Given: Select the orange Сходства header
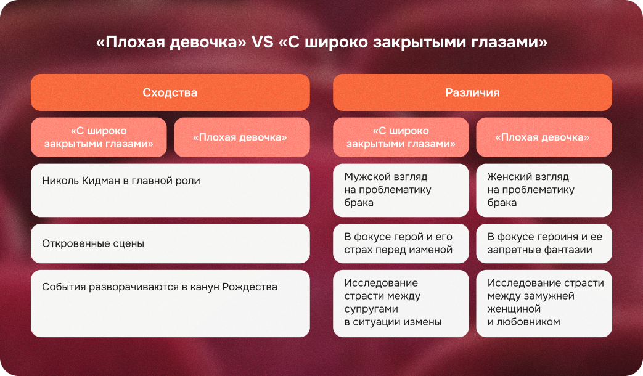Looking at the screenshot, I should (x=170, y=92).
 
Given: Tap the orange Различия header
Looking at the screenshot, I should (x=472, y=92).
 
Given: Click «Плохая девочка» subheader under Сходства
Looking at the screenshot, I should (x=240, y=137).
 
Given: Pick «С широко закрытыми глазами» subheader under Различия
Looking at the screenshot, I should (x=401, y=137).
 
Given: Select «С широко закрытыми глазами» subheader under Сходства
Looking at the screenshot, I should (x=99, y=137).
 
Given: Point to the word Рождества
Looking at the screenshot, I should (x=250, y=287).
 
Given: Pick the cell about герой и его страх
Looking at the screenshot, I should (x=401, y=243).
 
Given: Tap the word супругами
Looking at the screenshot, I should (x=372, y=309).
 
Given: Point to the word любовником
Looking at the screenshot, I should (x=529, y=322).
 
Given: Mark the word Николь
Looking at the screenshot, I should (x=58, y=181).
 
